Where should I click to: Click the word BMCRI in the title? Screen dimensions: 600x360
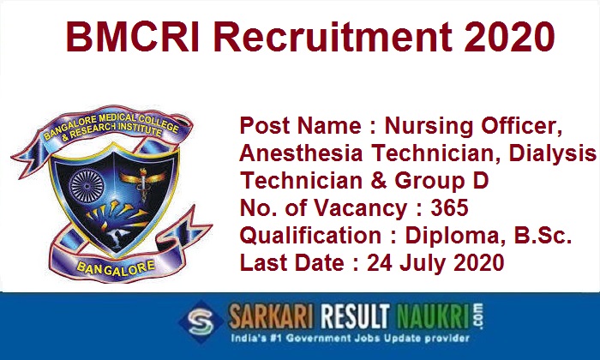point(132,37)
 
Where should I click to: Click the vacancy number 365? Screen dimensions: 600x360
point(449,208)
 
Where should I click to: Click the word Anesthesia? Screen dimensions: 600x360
point(301,153)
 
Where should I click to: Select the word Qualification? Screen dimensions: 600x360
point(310,235)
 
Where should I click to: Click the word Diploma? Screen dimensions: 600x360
point(453,236)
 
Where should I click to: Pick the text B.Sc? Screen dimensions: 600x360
point(543,235)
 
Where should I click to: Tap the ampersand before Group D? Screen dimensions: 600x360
point(379,181)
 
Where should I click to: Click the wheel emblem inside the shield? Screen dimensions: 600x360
point(87,186)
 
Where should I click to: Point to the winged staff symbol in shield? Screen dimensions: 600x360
point(143,183)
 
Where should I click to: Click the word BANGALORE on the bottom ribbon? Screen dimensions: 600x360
point(116,267)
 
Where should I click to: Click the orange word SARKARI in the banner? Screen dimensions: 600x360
point(272,317)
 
